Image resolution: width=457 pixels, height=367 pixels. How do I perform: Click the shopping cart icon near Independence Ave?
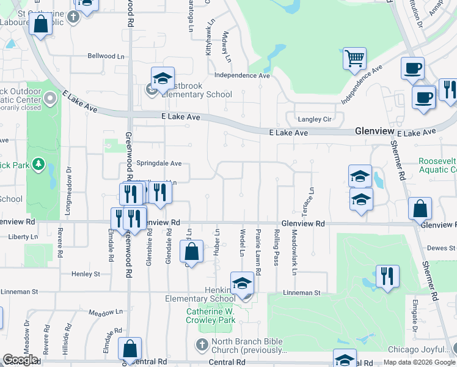coord(354,59)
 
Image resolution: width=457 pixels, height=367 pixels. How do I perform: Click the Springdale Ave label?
coord(159,164)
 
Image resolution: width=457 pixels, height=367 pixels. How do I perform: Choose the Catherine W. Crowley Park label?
coord(211,316)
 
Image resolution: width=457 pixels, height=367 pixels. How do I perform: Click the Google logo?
coord(20,360)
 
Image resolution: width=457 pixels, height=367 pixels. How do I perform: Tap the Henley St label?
coord(86,274)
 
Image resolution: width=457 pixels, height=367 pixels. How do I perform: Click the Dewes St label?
coord(441,248)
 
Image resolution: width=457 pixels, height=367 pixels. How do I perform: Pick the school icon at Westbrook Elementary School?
coord(163,79)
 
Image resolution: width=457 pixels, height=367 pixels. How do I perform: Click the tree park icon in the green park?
coord(38,164)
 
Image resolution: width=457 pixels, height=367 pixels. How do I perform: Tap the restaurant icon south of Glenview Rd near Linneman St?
coord(387,277)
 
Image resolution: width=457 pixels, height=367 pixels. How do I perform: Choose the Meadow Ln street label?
coord(101,313)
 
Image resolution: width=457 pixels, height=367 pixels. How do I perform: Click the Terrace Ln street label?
coord(312,199)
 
